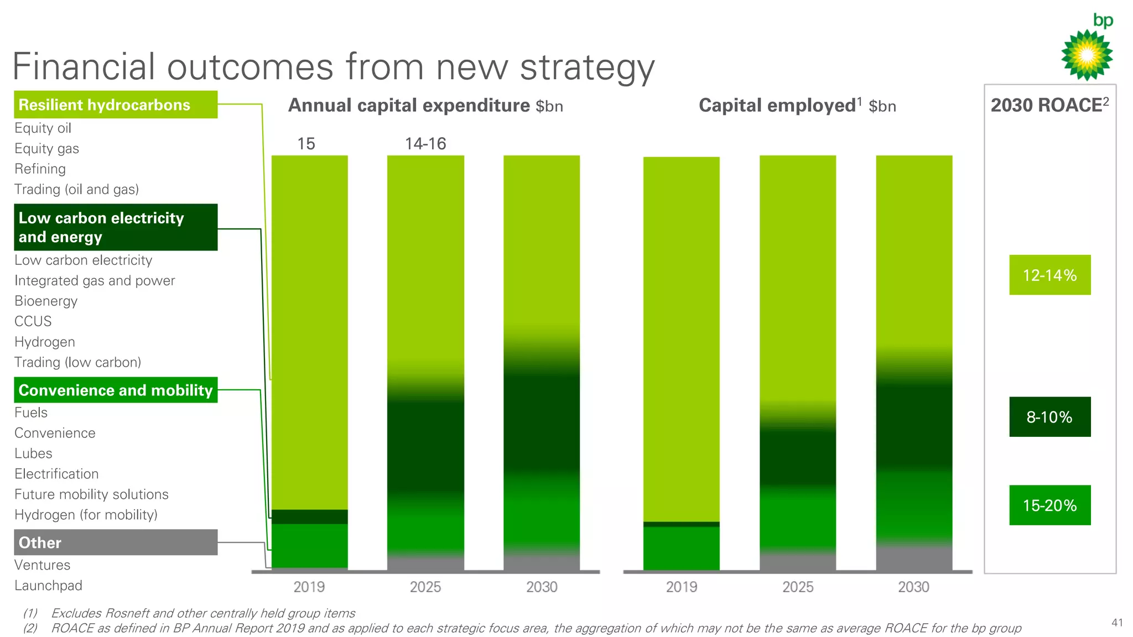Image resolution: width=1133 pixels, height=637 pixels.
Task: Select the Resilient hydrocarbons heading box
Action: pyautogui.click(x=115, y=105)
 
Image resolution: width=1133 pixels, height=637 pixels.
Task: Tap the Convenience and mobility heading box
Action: pyautogui.click(x=115, y=390)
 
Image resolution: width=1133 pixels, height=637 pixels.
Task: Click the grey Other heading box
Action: pyautogui.click(x=115, y=542)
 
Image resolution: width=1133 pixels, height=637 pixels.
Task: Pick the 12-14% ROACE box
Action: pyautogui.click(x=1049, y=275)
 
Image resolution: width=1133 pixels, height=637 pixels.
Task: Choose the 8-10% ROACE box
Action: pyautogui.click(x=1049, y=417)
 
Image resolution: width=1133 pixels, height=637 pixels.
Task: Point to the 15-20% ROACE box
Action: pyautogui.click(x=1049, y=505)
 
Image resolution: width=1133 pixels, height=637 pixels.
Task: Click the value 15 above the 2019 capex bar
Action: pyautogui.click(x=306, y=144)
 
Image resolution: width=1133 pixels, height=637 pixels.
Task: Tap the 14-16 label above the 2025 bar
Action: pyautogui.click(x=425, y=144)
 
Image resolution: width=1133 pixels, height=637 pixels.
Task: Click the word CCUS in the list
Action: pyautogui.click(x=33, y=321)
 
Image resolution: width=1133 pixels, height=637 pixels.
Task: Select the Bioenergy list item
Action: pyautogui.click(x=46, y=301)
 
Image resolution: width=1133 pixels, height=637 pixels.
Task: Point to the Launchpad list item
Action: pyautogui.click(x=48, y=586)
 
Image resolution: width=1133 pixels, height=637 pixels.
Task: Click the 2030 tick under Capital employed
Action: pyautogui.click(x=913, y=587)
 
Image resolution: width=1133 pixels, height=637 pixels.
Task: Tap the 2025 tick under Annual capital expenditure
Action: pyautogui.click(x=425, y=587)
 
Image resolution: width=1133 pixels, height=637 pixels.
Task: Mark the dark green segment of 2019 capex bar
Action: pyautogui.click(x=309, y=516)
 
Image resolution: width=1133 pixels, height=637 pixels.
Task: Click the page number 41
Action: pyautogui.click(x=1117, y=623)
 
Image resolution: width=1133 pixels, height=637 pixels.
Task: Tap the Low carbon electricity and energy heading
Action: pyautogui.click(x=115, y=227)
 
